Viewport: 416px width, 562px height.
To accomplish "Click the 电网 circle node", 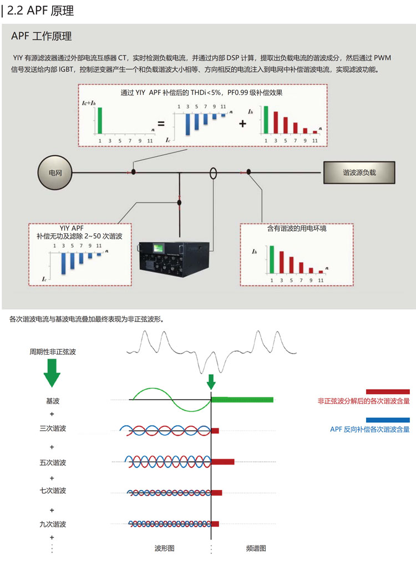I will click(55, 173).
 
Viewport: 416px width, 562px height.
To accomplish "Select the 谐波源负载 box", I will click(359, 172).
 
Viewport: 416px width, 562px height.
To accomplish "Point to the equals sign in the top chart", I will click(160, 123).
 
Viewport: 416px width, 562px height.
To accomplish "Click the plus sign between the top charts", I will click(242, 123).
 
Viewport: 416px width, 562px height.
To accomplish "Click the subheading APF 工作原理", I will click(42, 37).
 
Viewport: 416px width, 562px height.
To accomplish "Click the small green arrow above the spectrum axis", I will click(211, 381).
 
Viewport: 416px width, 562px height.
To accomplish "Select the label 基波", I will click(53, 400).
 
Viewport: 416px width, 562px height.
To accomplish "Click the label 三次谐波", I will click(53, 428).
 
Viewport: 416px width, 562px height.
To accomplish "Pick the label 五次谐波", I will click(53, 462).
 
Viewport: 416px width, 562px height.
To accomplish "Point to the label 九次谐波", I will click(53, 524).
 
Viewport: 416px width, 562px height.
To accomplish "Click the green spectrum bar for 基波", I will click(242, 400).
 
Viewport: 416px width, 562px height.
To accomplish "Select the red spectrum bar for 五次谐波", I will click(223, 461).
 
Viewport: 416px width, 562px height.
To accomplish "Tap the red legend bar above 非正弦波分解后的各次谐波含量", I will click(388, 391).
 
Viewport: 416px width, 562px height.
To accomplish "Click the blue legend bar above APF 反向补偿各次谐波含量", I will click(388, 420).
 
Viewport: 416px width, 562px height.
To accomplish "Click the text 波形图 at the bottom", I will click(165, 548).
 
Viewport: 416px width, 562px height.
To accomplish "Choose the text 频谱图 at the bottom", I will click(256, 548).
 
